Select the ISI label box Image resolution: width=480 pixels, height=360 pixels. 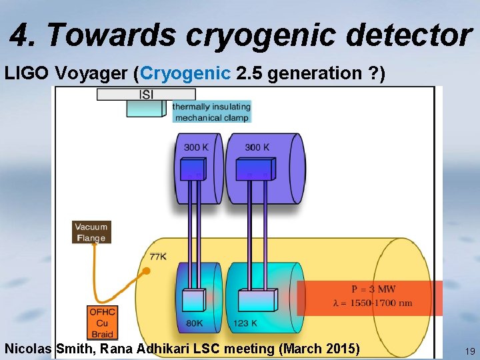pyautogui.click(x=146, y=95)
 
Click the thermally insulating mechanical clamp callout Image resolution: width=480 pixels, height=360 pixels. pyautogui.click(x=211, y=112)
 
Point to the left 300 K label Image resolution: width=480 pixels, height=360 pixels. pyautogui.click(x=195, y=147)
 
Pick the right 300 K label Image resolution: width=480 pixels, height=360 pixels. pyautogui.click(x=257, y=147)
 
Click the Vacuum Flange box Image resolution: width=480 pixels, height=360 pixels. pyautogui.click(x=91, y=232)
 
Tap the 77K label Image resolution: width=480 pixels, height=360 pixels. pyautogui.click(x=158, y=256)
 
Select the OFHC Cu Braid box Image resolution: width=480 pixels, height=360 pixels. pyautogui.click(x=102, y=322)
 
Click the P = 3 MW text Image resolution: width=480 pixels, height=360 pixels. pyautogui.click(x=373, y=289)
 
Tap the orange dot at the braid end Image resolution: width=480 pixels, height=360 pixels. pyautogui.click(x=146, y=271)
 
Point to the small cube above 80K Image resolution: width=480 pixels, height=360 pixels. pyautogui.click(x=194, y=299)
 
